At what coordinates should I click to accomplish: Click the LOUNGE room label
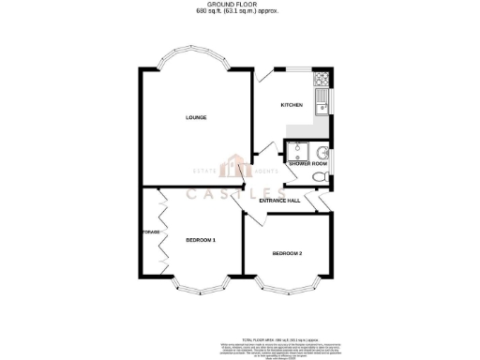[x=195, y=117]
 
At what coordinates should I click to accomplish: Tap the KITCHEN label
[x=292, y=104]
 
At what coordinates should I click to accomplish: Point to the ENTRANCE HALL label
[x=279, y=201]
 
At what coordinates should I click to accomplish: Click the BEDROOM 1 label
[x=201, y=241]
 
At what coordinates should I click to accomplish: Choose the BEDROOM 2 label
[x=288, y=254]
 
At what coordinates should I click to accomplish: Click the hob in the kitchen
[x=321, y=79]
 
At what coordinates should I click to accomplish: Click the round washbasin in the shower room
[x=322, y=152]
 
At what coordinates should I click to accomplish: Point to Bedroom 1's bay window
[x=202, y=286]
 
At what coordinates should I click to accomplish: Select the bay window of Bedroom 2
[x=288, y=285]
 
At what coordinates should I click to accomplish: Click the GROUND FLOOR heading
[x=239, y=5]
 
